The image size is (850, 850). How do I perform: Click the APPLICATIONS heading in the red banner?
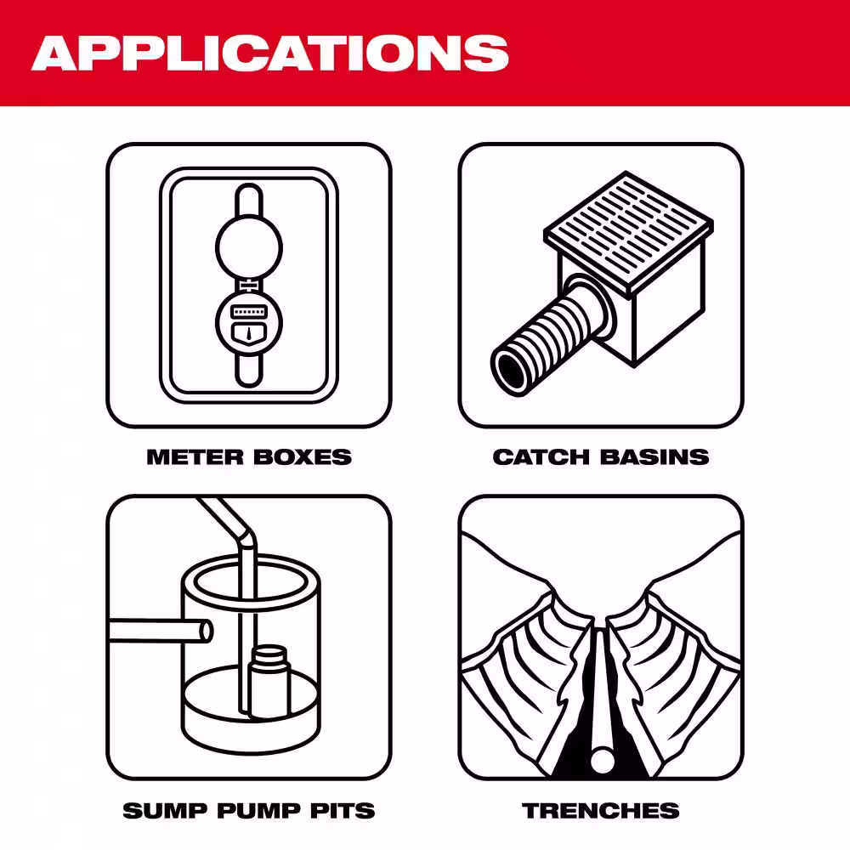pyautogui.click(x=270, y=53)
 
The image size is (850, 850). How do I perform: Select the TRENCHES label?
pyautogui.click(x=601, y=810)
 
